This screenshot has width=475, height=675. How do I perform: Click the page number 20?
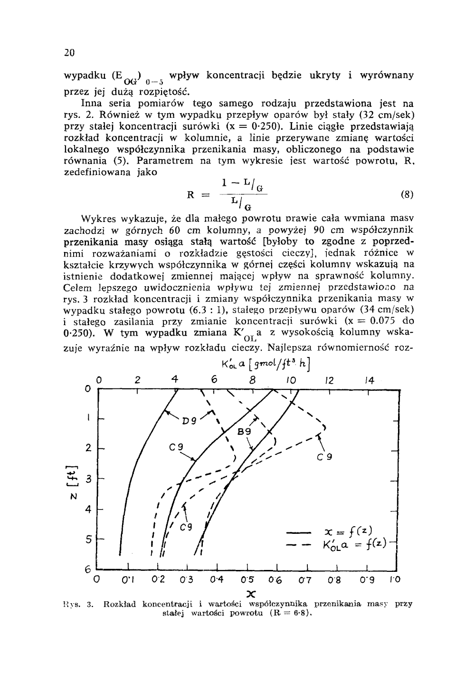(70, 53)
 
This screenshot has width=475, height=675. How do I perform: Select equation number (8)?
(407, 194)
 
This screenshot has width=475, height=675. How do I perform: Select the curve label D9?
(190, 420)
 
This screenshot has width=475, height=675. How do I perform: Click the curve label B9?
(244, 431)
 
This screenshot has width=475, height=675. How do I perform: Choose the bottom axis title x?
(251, 593)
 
